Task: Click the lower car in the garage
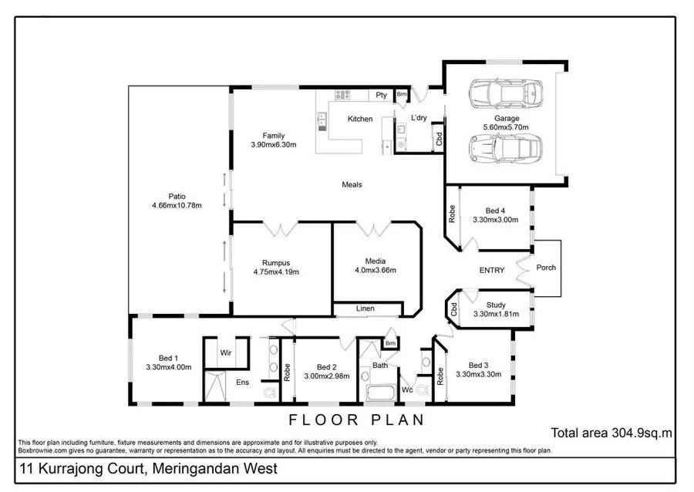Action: tap(505, 147)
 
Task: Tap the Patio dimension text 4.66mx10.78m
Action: tap(177, 206)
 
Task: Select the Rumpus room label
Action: tap(275, 261)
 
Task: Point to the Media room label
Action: tap(376, 261)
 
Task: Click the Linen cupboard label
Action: tap(366, 309)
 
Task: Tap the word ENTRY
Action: tap(492, 270)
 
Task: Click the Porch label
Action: tap(547, 268)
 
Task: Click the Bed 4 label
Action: tap(496, 211)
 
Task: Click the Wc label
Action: tap(407, 391)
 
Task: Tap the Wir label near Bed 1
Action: tap(227, 352)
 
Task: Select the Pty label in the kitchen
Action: tap(381, 95)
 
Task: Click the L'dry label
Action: tap(419, 118)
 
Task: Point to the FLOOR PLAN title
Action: tap(356, 420)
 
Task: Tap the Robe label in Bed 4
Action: tap(452, 212)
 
